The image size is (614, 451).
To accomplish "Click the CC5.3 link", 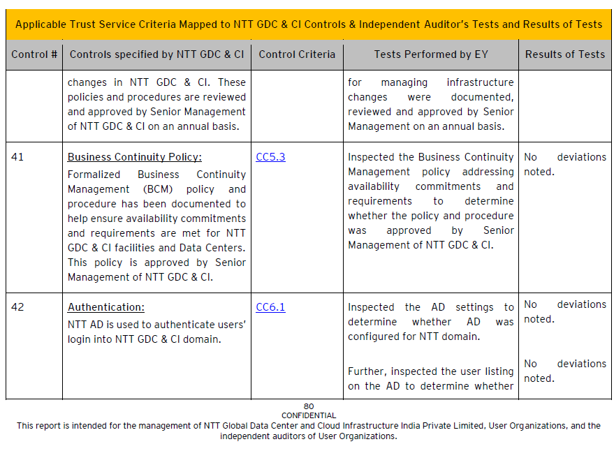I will pos(270,157).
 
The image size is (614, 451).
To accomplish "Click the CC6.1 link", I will pos(270,307).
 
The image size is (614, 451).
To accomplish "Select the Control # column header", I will pos(34,54).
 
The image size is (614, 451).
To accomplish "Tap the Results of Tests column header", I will pos(565,54).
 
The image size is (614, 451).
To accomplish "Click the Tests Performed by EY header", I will pos(431,54).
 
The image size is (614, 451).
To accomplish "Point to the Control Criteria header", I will pos(297,54).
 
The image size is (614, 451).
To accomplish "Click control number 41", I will pos(17,157).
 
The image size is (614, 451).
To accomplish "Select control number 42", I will pos(17,307).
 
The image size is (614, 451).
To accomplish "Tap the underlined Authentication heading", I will pos(105,307).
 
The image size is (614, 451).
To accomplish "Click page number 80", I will pos(309,406).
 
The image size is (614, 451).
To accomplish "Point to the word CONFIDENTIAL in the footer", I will pos(309,415).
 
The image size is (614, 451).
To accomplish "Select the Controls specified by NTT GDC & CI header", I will pos(157,54).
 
